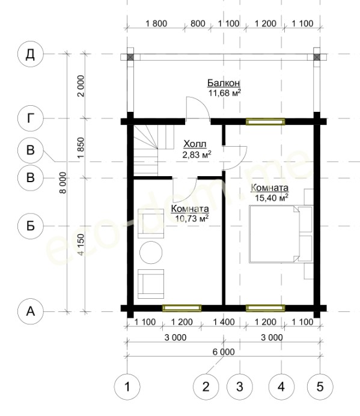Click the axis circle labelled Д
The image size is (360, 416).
(x=30, y=54)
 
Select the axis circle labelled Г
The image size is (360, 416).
(x=30, y=118)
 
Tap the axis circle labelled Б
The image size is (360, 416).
(x=30, y=226)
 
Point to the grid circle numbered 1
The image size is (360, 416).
(x=127, y=387)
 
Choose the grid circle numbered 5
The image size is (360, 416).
(x=320, y=387)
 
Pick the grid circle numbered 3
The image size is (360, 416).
(x=240, y=387)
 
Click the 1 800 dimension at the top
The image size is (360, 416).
(x=156, y=23)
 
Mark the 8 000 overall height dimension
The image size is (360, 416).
(x=63, y=183)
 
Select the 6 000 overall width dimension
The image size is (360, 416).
(x=224, y=352)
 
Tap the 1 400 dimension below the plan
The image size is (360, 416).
(x=224, y=322)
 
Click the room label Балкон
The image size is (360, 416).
(x=224, y=83)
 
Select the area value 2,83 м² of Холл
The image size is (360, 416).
(x=197, y=154)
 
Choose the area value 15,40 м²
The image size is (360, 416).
(x=272, y=198)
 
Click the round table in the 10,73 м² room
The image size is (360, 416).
(x=151, y=252)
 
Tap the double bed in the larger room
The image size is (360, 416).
(x=281, y=234)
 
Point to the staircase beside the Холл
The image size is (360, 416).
(x=145, y=150)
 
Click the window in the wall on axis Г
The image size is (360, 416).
(x=265, y=122)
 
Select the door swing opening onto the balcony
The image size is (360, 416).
(x=198, y=108)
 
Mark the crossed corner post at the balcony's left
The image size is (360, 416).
(x=130, y=57)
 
